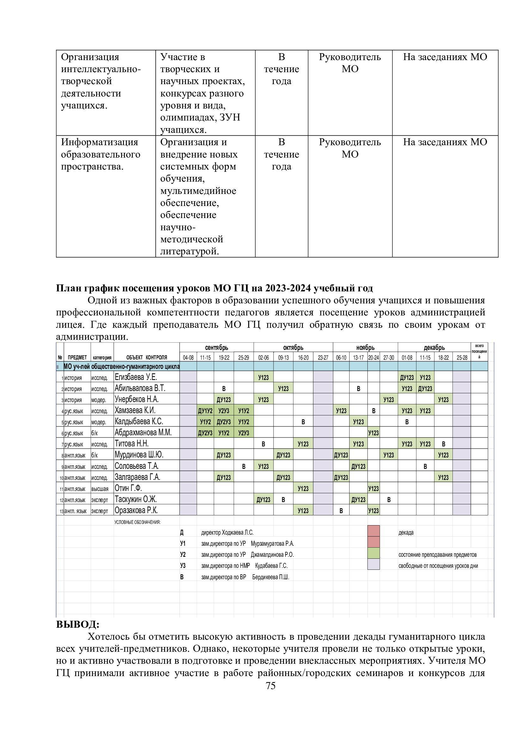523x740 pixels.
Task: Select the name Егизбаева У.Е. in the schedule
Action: pos(136,377)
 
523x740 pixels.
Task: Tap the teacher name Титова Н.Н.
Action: pos(132,444)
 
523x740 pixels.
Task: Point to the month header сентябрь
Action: pos(216,348)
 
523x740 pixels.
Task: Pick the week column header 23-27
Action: pos(323,358)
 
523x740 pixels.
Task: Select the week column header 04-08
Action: pos(188,358)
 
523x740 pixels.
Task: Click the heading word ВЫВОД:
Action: pos(77,624)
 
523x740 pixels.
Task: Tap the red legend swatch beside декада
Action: pos(373,532)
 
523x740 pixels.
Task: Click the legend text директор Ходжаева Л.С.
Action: pos(227,533)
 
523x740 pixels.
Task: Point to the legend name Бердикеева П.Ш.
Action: pos(271,577)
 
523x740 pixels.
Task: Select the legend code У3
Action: pos(182,566)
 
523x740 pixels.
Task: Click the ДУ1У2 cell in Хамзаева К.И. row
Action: pos(205,411)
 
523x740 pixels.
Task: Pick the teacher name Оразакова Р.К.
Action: pos(136,511)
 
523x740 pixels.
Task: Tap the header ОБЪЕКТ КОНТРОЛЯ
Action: pos(146,358)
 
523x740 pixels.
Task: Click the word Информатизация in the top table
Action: pos(99,142)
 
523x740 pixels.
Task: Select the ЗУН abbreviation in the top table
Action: pos(230,117)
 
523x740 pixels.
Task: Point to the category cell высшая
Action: pos(100,489)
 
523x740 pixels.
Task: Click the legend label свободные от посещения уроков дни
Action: pos(438,566)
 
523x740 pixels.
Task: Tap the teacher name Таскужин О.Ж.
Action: pos(136,499)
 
